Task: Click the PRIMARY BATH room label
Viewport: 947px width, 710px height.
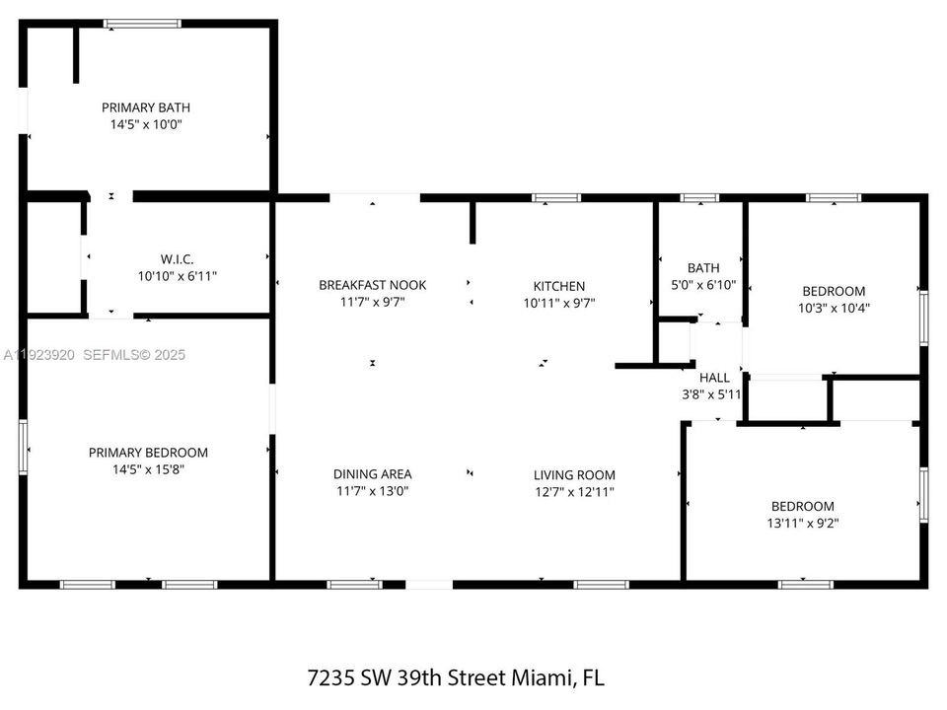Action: coord(146,107)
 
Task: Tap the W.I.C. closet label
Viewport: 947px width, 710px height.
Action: coord(178,259)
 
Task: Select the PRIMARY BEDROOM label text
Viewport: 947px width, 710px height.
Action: coord(148,453)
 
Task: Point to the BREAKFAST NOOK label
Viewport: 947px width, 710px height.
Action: coord(372,285)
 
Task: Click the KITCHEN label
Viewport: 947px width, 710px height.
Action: coord(559,286)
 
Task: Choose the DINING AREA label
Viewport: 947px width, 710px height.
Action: coord(372,473)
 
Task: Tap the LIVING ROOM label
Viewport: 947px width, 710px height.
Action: coord(574,474)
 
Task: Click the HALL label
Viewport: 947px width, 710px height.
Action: coord(714,378)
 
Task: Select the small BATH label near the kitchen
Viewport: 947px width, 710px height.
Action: coord(703,267)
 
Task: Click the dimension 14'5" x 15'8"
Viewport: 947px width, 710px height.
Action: coord(148,470)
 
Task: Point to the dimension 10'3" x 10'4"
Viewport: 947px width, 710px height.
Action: coord(834,308)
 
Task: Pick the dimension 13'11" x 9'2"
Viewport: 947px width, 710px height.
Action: coord(802,524)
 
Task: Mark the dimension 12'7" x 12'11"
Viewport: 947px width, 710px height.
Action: coord(574,491)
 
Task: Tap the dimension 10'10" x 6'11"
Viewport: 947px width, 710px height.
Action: coord(178,276)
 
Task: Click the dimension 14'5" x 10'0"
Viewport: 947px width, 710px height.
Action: coord(146,125)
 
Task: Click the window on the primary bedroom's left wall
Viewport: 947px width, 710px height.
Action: coord(23,447)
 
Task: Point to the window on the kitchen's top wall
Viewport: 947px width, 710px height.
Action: coord(556,198)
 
